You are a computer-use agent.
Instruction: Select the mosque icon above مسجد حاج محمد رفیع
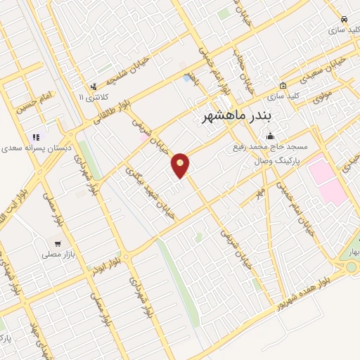click(271, 136)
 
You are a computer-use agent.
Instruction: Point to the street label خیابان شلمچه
click(127, 68)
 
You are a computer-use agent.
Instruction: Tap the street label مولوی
click(322, 98)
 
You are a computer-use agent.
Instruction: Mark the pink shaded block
click(326, 180)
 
